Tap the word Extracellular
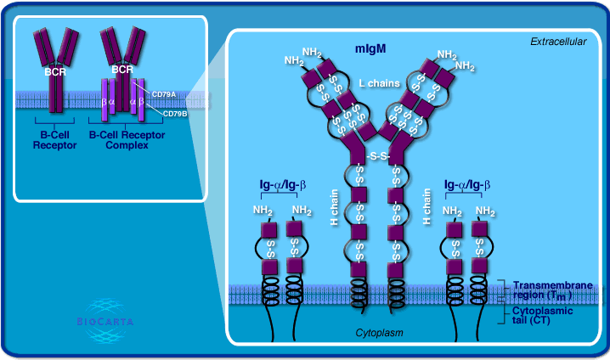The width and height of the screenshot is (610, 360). click(x=558, y=41)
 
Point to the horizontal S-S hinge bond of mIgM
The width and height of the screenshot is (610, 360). click(x=380, y=155)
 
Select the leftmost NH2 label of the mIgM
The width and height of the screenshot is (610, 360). click(x=294, y=61)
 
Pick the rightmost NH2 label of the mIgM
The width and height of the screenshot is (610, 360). click(x=466, y=65)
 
